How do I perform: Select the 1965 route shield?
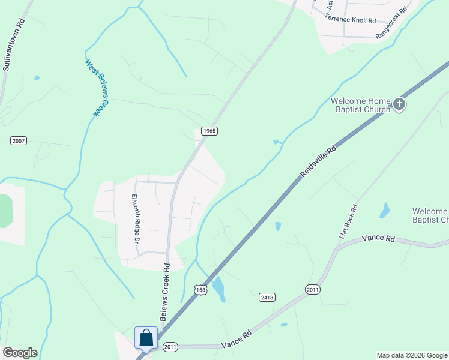click(209, 131)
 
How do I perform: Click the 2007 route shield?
click(19, 140)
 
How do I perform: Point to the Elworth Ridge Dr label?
click(136, 218)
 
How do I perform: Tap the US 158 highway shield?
click(200, 290)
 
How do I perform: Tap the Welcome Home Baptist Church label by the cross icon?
click(360, 105)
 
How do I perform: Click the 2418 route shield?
click(267, 297)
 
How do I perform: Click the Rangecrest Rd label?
click(391, 23)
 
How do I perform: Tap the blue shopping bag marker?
click(146, 338)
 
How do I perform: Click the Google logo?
click(20, 353)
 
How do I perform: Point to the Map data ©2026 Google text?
click(411, 355)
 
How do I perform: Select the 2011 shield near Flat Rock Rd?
click(312, 290)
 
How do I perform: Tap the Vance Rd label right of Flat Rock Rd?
click(378, 239)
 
